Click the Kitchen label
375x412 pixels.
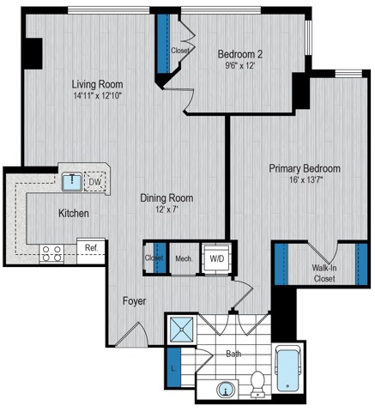click(76, 213)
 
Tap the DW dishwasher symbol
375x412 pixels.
click(95, 182)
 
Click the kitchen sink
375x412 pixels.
click(71, 182)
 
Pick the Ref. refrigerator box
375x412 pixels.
click(90, 248)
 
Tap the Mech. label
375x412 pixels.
click(183, 257)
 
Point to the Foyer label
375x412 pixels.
click(133, 301)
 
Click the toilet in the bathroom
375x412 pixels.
click(257, 386)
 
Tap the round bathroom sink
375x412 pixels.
click(227, 391)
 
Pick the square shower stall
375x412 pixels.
click(181, 330)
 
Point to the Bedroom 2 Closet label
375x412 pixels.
click(179, 51)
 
